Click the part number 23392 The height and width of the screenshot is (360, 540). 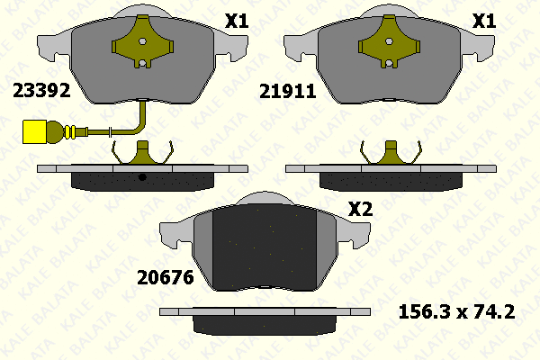41,91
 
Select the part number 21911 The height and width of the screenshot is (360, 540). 288,92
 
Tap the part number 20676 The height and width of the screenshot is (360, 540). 166,278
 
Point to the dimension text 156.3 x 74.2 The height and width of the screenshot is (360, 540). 456,311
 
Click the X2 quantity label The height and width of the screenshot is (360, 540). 360,209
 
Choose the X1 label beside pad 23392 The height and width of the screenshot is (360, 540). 237,22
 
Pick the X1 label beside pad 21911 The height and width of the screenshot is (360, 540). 484,22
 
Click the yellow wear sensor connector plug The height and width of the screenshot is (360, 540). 34,131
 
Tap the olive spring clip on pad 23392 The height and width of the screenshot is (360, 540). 142,41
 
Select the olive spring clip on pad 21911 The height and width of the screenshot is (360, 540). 389,41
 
